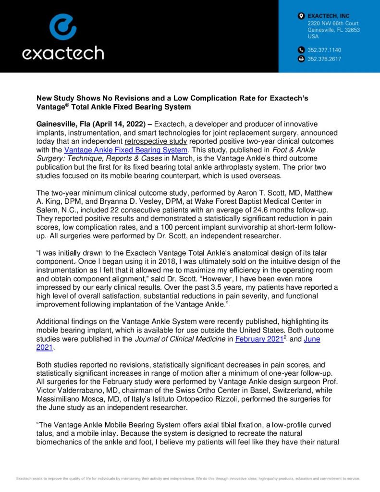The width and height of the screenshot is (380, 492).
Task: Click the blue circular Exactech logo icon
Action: tap(62, 26)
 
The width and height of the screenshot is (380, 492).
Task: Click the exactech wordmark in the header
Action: tap(62, 52)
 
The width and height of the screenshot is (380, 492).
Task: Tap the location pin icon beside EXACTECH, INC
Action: tap(301, 16)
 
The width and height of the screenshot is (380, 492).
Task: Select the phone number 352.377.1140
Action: tap(324, 50)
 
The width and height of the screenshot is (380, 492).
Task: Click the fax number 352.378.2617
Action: tap(324, 59)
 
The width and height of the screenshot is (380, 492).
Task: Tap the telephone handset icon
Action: tap(301, 50)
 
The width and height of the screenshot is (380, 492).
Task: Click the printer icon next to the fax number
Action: tap(301, 59)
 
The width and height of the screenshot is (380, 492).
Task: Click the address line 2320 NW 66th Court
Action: tap(333, 24)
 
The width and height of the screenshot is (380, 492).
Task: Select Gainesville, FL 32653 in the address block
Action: tap(333, 30)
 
